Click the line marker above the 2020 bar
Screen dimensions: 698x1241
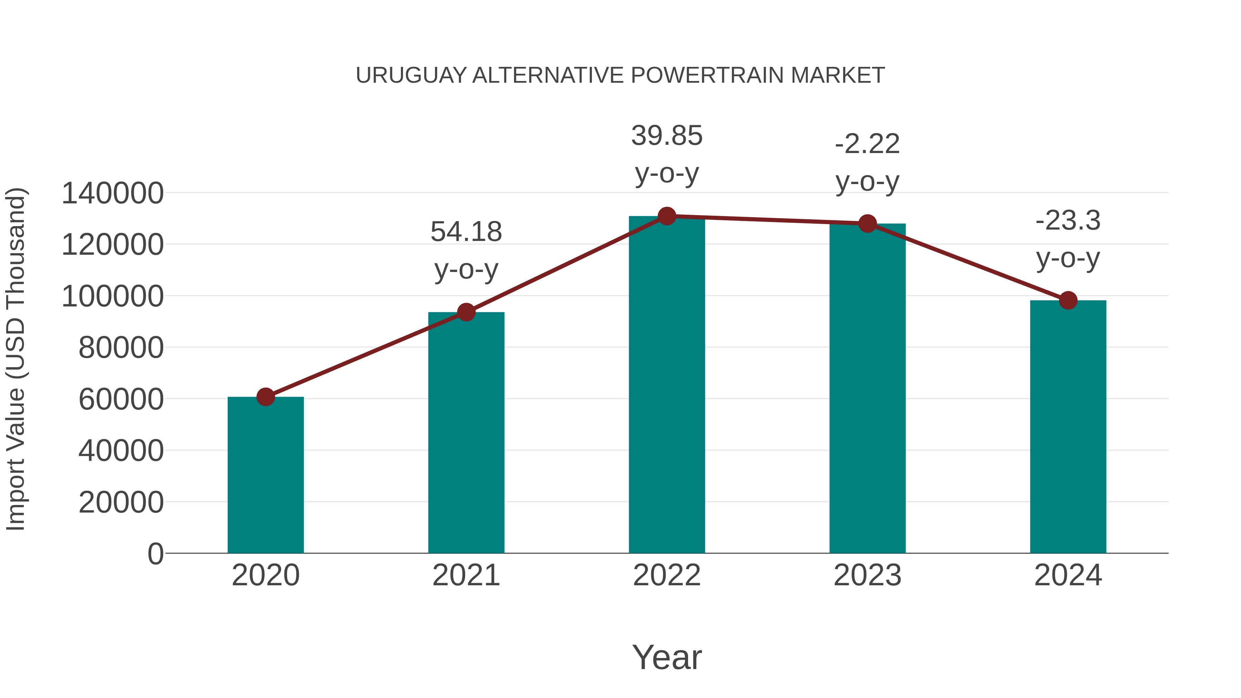(x=265, y=397)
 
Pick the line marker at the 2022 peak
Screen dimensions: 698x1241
(x=667, y=216)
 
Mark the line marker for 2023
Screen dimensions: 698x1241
(x=867, y=223)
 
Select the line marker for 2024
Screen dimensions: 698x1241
(x=1068, y=301)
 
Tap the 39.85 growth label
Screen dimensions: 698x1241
(x=667, y=135)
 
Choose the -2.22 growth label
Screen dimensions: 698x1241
(x=867, y=144)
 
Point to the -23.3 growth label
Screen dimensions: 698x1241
(x=1068, y=221)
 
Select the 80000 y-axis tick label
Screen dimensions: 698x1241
(x=121, y=348)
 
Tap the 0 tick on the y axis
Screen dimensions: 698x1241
(x=155, y=554)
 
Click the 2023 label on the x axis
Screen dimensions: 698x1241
(x=867, y=575)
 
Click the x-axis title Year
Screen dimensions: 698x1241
(x=667, y=657)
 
